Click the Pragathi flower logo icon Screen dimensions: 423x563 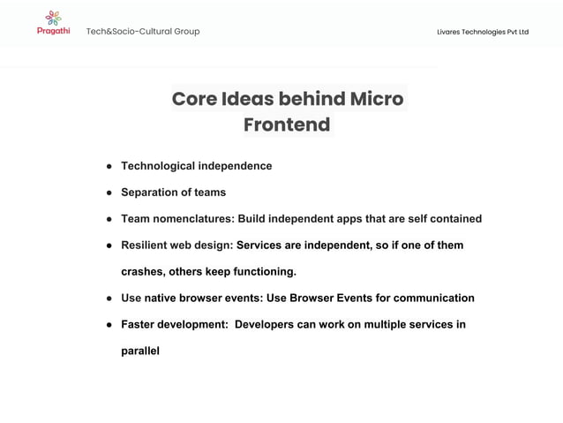coord(53,17)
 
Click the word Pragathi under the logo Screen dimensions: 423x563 coord(53,31)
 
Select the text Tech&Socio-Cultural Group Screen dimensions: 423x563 coord(143,32)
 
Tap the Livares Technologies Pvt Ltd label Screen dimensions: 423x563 coord(483,32)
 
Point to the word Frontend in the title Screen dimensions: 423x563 coord(287,125)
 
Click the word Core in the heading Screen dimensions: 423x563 coord(194,98)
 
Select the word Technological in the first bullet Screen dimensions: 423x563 coord(159,166)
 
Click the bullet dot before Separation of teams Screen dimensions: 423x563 coord(109,193)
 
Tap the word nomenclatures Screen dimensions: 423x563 coord(194,219)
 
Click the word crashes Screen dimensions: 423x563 coord(143,271)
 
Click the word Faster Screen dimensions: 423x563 coord(140,324)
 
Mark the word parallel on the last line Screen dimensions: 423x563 coord(140,351)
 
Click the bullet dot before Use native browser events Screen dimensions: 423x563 coord(109,298)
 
